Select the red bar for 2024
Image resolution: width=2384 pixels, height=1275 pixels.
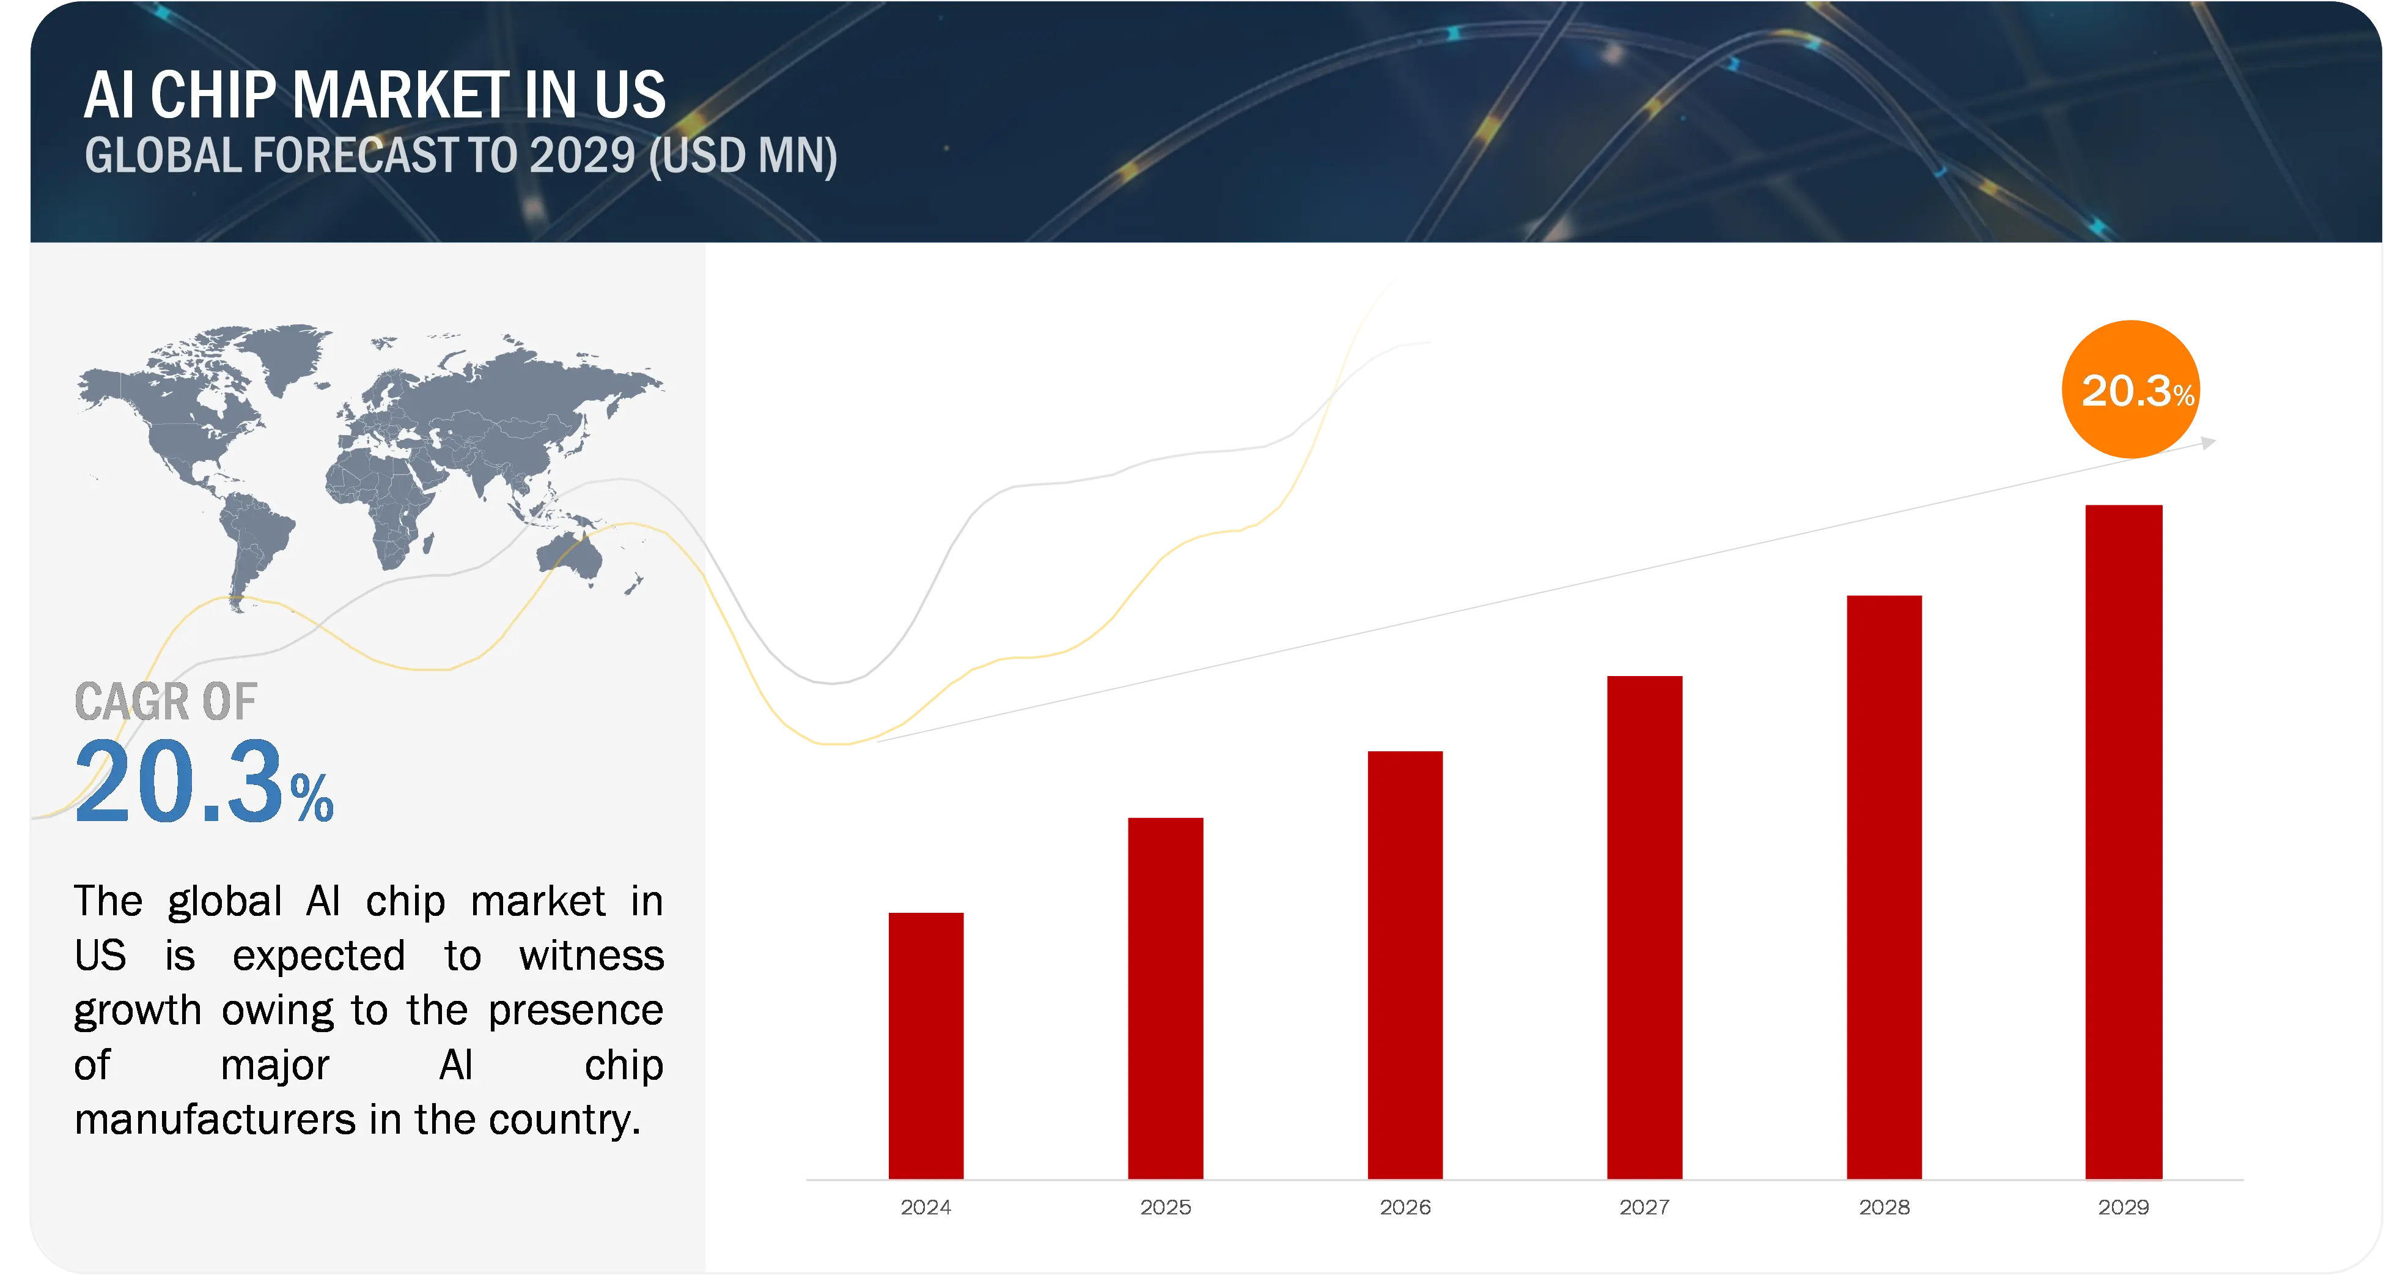click(925, 1046)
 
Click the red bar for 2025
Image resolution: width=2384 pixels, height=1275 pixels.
click(1165, 998)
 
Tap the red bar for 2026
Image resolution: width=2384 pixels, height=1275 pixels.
click(1405, 965)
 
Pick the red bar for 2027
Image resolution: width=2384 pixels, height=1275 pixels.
click(1644, 927)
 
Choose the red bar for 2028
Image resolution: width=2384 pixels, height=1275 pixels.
click(1884, 887)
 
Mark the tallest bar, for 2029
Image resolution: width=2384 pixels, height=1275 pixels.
click(2124, 842)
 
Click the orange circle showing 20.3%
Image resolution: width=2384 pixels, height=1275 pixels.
click(2130, 389)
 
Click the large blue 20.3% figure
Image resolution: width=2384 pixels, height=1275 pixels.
click(204, 782)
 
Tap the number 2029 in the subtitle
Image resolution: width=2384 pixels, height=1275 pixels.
click(582, 155)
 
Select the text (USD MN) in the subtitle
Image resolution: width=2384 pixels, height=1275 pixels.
click(743, 155)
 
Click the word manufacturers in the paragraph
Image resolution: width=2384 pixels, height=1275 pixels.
click(215, 1120)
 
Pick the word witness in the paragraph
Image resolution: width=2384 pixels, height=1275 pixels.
click(591, 956)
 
